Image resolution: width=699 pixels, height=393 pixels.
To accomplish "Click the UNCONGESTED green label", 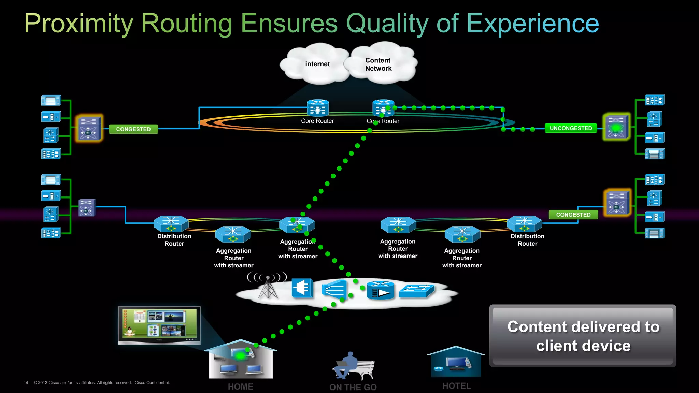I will pyautogui.click(x=571, y=128).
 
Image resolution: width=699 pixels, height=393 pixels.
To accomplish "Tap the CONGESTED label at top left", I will pyautogui.click(x=133, y=129).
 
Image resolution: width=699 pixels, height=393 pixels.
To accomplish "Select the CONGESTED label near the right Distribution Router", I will pyautogui.click(x=573, y=215).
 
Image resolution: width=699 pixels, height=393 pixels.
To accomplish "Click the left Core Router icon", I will pyautogui.click(x=318, y=108).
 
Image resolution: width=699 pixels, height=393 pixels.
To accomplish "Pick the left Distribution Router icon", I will pyautogui.click(x=171, y=224).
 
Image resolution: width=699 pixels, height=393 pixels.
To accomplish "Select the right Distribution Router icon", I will pyautogui.click(x=524, y=224).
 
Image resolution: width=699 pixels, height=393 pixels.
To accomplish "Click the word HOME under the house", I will pyautogui.click(x=240, y=387).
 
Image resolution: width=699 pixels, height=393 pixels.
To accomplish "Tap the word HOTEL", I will pyautogui.click(x=456, y=386).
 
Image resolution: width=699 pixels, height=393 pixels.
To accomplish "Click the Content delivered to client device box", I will pyautogui.click(x=583, y=336).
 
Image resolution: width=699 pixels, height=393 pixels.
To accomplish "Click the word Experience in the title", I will pyautogui.click(x=532, y=24).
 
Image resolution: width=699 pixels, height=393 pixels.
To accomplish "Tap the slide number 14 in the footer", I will pyautogui.click(x=26, y=383).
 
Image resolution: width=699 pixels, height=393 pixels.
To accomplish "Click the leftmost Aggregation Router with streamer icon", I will pyautogui.click(x=233, y=234).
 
